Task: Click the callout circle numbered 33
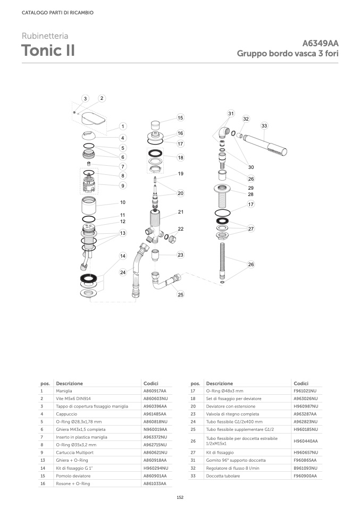click(264, 125)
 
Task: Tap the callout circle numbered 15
click(180, 117)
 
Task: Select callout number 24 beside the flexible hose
click(123, 273)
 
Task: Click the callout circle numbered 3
click(85, 99)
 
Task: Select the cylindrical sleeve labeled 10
click(89, 205)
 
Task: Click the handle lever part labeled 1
click(94, 118)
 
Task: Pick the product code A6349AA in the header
click(320, 43)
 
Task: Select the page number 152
click(180, 497)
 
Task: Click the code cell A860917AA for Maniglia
click(155, 391)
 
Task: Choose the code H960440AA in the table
click(306, 441)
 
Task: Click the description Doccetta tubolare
click(223, 476)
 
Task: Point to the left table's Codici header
click(151, 384)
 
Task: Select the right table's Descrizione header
click(219, 384)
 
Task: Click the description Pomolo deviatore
click(73, 476)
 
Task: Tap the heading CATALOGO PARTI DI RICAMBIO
click(57, 13)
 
